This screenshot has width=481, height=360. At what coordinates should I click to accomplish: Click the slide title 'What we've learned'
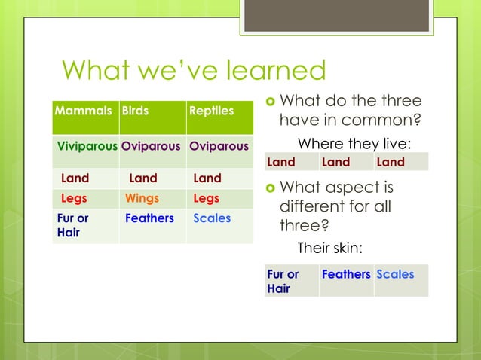194,71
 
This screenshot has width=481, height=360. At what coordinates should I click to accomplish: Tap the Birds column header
136,111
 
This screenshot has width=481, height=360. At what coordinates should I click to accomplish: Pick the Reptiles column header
212,111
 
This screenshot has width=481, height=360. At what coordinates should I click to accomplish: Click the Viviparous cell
87,145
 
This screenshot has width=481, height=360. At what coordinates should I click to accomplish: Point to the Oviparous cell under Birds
151,145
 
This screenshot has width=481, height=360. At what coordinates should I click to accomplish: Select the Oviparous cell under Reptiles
219,145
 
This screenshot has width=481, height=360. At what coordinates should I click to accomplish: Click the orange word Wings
142,199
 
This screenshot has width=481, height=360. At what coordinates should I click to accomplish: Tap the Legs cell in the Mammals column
74,199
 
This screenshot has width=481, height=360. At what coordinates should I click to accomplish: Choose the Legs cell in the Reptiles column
206,199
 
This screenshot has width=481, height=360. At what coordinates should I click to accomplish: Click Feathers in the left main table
149,218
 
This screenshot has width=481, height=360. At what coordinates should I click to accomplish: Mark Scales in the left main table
212,218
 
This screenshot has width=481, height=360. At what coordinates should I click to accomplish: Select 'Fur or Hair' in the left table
73,225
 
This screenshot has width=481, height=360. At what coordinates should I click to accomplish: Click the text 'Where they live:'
354,144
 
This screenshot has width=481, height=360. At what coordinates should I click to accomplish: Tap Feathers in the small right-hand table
345,275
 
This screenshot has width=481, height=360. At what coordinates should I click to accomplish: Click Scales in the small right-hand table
395,275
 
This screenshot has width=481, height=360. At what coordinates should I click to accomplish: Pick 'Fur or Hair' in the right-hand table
283,281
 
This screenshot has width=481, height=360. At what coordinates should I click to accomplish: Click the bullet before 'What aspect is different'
269,188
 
